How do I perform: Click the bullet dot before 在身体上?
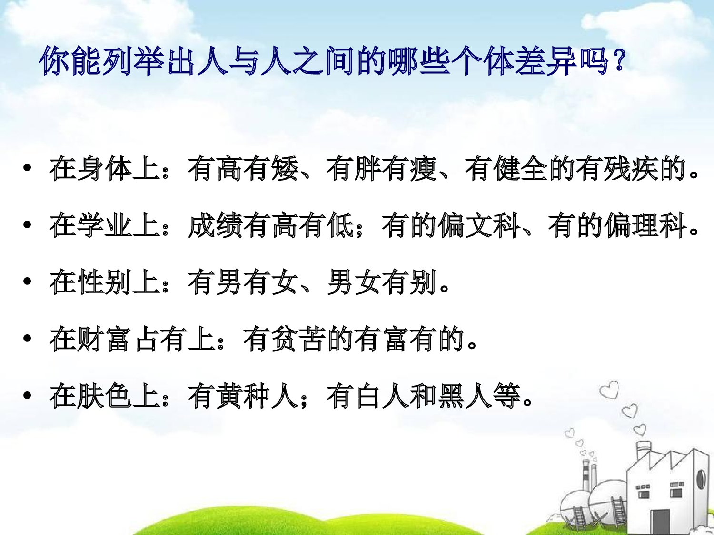tap(27, 168)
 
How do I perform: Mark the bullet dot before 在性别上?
tap(27, 282)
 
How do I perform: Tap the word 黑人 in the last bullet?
tap(464, 396)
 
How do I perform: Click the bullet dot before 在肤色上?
tap(27, 395)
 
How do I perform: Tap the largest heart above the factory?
tap(610, 390)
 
